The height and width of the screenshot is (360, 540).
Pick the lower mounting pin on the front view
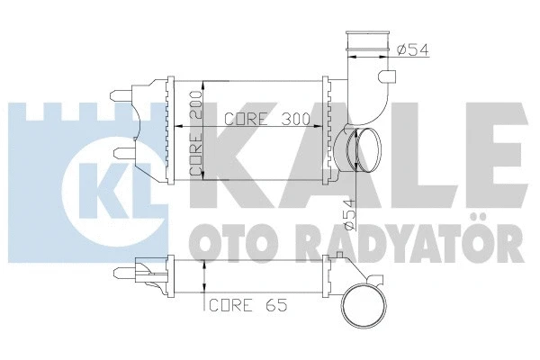[121, 151]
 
